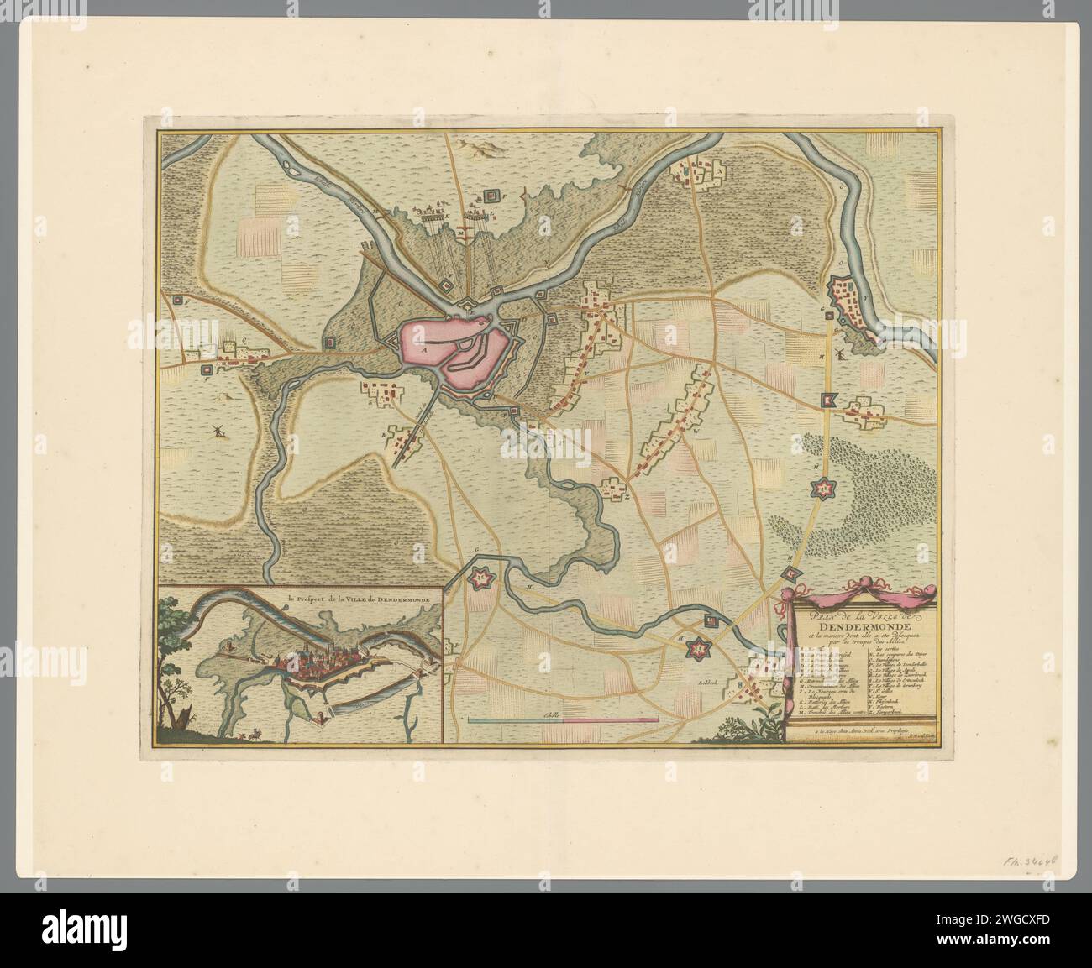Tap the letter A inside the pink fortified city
coord(425,346)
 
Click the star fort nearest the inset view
coord(481,578)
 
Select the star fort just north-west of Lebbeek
coord(696,648)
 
